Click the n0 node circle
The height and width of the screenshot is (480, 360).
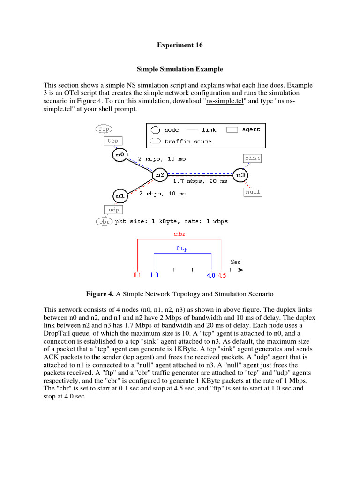coord(120,154)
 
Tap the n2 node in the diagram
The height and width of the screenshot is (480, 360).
coord(160,175)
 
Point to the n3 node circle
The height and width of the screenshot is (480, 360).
coord(240,175)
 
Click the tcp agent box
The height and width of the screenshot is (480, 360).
coord(112,141)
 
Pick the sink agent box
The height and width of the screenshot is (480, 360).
coord(252,158)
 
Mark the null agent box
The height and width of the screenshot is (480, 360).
coord(253,192)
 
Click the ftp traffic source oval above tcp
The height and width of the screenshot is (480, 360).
coord(104,128)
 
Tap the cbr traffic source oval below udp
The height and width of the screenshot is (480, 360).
coord(104,221)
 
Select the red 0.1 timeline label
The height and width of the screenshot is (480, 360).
coord(137,276)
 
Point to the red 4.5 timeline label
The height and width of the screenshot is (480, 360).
coord(221,276)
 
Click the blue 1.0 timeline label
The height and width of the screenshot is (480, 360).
coord(154,276)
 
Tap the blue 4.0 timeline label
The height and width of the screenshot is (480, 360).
coord(211,276)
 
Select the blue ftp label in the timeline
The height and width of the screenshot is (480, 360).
coord(182,249)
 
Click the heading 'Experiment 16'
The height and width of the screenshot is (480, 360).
coord(180,45)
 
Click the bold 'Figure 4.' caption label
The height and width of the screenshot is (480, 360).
coord(100,294)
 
